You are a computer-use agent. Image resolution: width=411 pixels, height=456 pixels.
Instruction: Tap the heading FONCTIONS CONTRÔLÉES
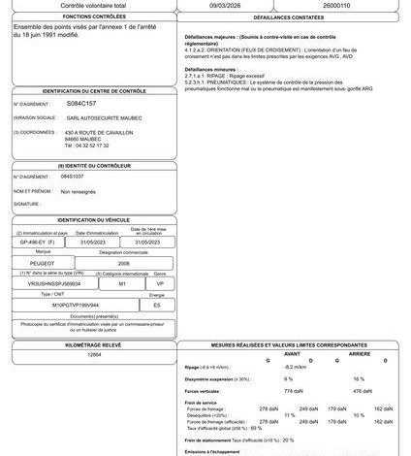coord(89,17)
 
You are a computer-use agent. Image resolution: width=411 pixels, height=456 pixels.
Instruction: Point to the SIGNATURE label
coord(26,205)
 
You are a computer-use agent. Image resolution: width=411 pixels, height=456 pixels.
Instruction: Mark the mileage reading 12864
coord(94,356)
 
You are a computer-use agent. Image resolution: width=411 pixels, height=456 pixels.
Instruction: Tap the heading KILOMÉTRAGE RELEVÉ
coord(94,343)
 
